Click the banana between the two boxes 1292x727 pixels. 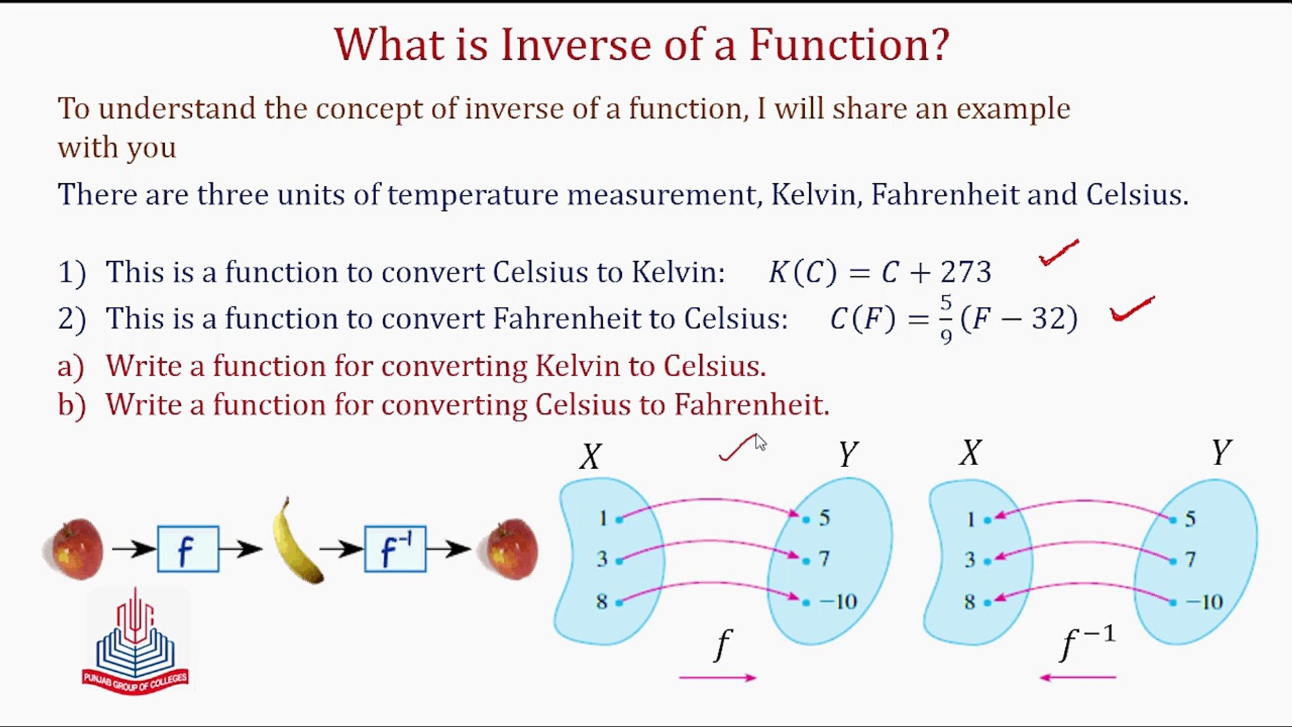tap(296, 543)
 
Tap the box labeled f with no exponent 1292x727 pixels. tap(188, 549)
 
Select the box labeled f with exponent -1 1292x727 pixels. tap(395, 549)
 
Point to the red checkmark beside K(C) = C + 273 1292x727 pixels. tap(1058, 253)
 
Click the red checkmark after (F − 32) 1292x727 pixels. tap(1133, 310)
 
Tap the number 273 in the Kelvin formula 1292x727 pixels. tap(966, 273)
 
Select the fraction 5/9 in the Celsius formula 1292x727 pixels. tap(946, 319)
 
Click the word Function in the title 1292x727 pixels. tap(849, 44)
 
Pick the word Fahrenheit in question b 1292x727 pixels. tap(752, 405)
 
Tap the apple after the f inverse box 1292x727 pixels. tap(509, 549)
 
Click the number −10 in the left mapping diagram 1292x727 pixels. tap(838, 601)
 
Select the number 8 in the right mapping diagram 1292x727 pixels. tap(969, 601)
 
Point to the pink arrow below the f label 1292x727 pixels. tap(718, 677)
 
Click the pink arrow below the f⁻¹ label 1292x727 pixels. tap(1078, 677)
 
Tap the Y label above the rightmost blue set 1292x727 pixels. tap(1221, 452)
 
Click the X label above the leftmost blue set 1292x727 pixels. tap(590, 456)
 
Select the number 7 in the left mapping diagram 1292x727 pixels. tap(824, 559)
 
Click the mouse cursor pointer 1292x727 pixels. tap(760, 442)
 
